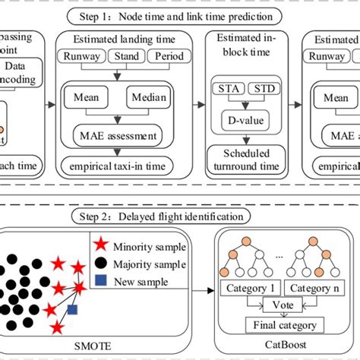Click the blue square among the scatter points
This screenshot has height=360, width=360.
pyautogui.click(x=71, y=310)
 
